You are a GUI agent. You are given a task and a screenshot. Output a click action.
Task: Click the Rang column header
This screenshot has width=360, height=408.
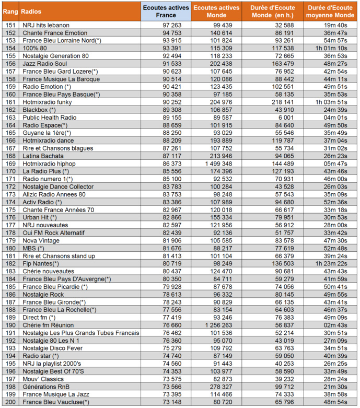coord(10,11)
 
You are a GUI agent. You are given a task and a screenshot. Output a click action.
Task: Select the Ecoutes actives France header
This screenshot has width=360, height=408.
coord(166,11)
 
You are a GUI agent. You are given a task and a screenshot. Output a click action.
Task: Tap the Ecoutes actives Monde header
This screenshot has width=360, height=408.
coord(216,11)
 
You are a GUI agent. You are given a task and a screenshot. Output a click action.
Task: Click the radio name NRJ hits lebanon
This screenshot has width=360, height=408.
coord(50,25)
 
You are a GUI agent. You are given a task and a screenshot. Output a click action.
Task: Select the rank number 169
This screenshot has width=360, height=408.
coord(10,164)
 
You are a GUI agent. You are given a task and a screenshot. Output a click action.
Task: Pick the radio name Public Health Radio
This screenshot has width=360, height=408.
coord(50,118)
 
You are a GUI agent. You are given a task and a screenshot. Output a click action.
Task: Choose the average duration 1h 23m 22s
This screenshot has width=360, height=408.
coord(331,264)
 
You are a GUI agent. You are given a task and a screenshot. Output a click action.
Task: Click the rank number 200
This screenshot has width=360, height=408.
coord(10,402)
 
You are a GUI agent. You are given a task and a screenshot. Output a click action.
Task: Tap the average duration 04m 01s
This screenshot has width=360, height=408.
coord(335,118)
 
